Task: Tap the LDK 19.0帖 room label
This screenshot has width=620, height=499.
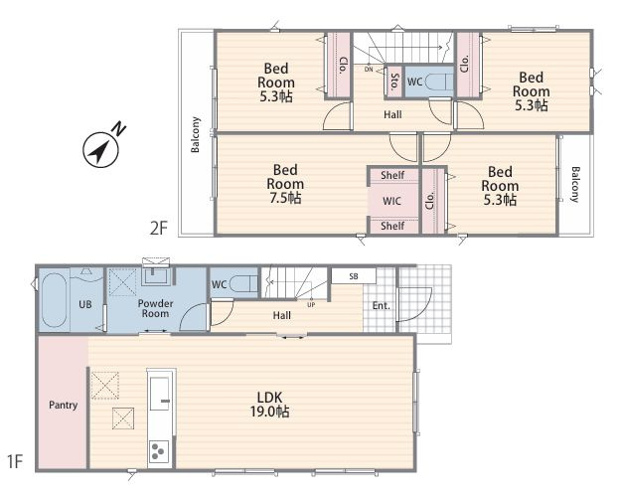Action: pos(269,404)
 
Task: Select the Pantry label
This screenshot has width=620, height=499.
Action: pos(63,405)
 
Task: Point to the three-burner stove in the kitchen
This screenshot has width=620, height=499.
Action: pos(159,451)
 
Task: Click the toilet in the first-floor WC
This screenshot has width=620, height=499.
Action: pos(243,283)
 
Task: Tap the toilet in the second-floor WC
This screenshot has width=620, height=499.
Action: pos(439,82)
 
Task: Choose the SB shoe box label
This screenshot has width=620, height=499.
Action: pos(354,276)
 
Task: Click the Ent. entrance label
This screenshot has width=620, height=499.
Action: pos(382,305)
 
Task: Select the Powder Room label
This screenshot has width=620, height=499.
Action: pos(155,309)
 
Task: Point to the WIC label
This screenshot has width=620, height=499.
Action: pos(391,201)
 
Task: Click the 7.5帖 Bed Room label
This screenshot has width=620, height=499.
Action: pos(285,184)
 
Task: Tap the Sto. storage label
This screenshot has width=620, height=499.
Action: pos(393,82)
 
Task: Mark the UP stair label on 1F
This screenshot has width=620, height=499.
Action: pos(311,305)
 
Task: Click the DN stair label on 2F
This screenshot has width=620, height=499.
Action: pos(369,70)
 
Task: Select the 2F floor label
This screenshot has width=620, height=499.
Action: pos(159,229)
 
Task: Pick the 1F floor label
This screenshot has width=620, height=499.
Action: pos(15,461)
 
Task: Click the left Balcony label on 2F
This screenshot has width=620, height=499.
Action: pos(196,134)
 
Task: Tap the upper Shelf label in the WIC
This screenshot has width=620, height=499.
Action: pos(392,175)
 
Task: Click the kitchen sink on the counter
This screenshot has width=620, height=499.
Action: pos(161,394)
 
